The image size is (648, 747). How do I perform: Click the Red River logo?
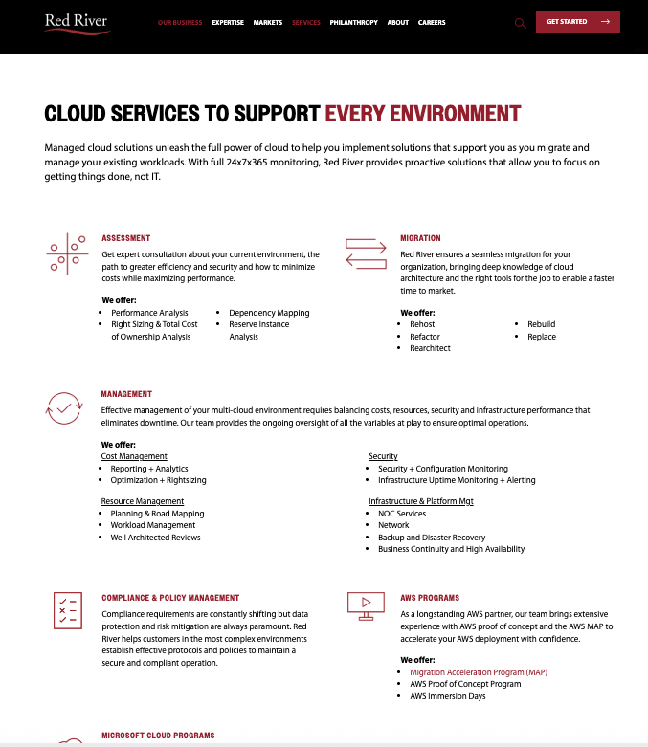77,22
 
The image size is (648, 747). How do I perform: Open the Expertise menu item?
228,22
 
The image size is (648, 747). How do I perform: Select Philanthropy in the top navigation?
353,22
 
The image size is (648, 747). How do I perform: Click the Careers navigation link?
432,22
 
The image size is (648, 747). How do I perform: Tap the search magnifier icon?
521,23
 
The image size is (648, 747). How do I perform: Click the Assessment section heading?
125,238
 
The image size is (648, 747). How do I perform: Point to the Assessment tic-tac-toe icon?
67,253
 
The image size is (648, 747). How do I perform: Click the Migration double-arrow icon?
365,253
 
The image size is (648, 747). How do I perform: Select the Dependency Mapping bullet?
269,313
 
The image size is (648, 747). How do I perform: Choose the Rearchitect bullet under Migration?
430,348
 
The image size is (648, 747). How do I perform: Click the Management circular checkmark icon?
64,408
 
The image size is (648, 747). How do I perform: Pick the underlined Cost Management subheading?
134,457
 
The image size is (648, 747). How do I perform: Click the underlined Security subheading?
383,457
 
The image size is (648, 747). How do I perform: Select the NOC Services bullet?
402,514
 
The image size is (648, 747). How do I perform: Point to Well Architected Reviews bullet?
155,538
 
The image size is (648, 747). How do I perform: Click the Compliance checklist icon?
67,608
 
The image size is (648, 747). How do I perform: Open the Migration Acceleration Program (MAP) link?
465,672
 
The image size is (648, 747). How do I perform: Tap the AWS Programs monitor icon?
365,605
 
